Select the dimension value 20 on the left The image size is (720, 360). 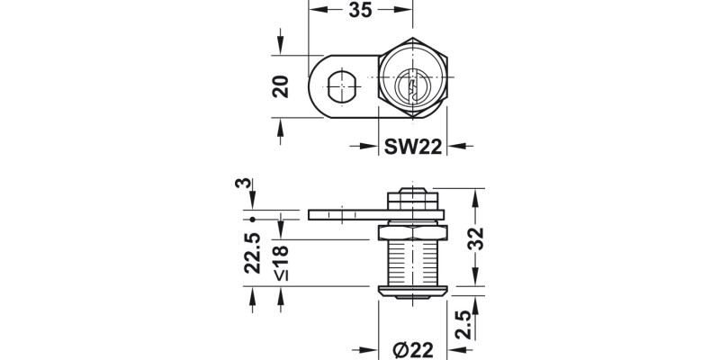pos(280,87)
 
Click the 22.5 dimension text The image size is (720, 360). pos(253,253)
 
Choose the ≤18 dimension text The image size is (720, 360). pos(281,261)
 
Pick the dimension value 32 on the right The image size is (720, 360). pos(476,238)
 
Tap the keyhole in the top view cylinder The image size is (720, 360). pos(410,88)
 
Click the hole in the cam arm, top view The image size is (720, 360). pos(341,88)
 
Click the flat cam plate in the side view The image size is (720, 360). pos(346,215)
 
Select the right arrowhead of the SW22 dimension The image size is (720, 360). pos(455,147)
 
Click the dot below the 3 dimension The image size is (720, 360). pos(253,218)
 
